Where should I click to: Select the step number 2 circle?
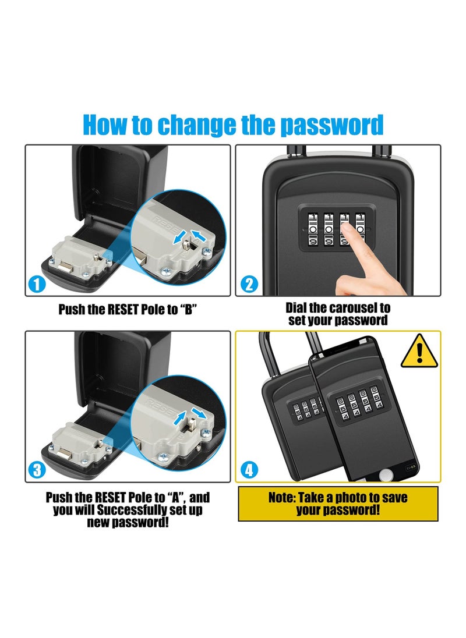click(x=249, y=285)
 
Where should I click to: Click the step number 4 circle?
click(x=249, y=470)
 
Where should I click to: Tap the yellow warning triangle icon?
click(x=419, y=352)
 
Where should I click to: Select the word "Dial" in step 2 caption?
click(x=297, y=307)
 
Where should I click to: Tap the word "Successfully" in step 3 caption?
click(x=129, y=510)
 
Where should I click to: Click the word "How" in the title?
click(x=107, y=125)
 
